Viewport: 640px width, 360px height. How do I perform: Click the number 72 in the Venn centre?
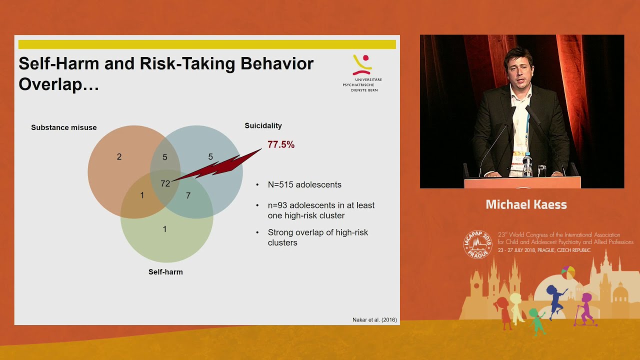165,183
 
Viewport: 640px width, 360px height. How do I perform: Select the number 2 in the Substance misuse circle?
119,156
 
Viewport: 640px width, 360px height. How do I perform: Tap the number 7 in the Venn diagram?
188,195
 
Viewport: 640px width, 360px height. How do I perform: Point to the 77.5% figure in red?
281,144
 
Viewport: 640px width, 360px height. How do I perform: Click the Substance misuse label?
63,127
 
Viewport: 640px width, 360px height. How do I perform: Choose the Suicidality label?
263,125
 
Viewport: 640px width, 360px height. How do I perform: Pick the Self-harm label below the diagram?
165,272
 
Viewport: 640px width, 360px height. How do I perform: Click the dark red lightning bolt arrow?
217,165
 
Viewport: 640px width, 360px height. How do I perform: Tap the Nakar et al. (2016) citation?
374,319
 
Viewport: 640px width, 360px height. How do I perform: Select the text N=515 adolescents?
304,184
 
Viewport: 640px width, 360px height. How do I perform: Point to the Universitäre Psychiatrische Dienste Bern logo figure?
362,65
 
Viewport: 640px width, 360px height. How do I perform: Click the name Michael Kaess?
526,204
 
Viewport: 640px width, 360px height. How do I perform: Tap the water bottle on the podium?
527,164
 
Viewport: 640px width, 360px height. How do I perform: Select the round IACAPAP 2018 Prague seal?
477,244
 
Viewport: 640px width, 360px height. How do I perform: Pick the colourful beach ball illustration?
568,272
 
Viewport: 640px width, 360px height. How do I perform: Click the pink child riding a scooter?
585,310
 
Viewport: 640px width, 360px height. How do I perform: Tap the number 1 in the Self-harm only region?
164,229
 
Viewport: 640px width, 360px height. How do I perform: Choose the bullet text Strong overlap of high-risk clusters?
317,237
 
